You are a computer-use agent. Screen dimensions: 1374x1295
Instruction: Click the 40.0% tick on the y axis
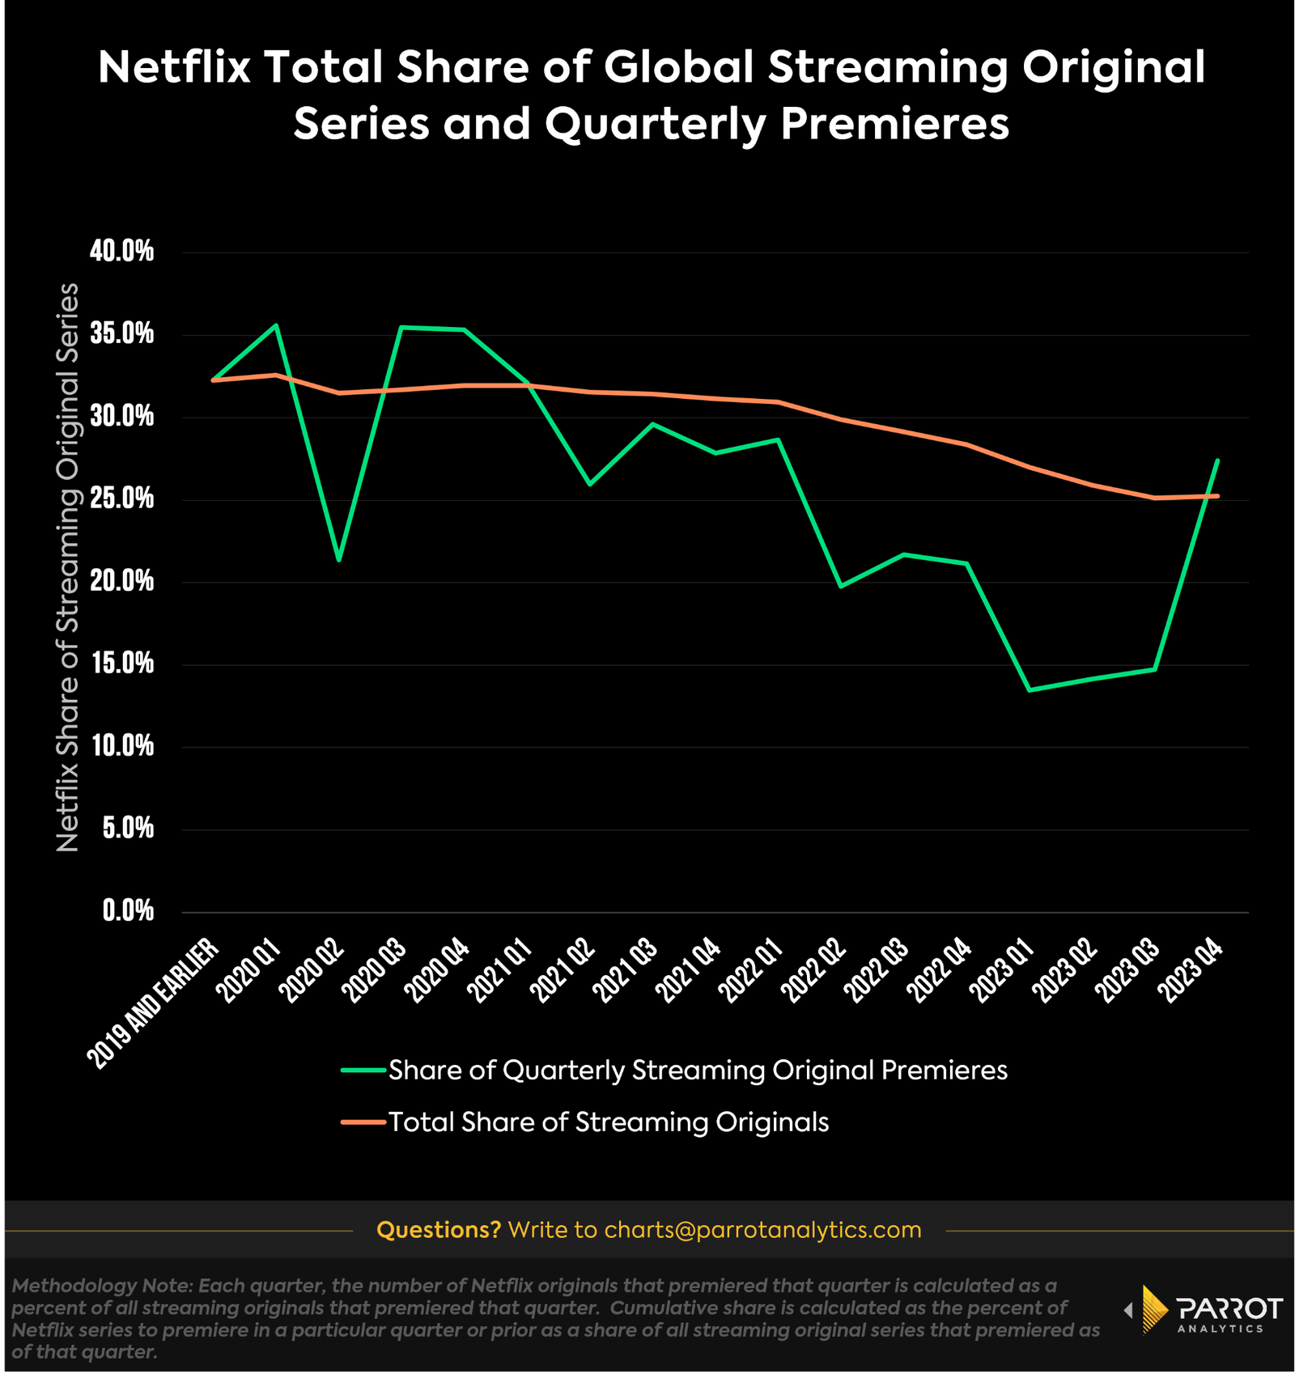click(x=121, y=252)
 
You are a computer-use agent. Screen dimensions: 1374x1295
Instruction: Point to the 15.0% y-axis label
click(x=121, y=664)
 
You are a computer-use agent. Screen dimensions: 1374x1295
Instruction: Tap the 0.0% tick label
click(x=128, y=911)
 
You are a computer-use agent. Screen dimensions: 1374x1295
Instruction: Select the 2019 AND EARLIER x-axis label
click(x=154, y=1003)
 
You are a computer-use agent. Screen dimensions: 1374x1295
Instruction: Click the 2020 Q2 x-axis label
click(x=312, y=971)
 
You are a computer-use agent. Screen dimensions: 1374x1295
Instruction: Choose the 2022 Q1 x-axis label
click(x=752, y=971)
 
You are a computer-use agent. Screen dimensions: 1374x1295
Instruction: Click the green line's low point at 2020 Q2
click(x=338, y=560)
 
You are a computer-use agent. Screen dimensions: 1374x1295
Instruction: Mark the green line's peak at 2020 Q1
click(x=276, y=325)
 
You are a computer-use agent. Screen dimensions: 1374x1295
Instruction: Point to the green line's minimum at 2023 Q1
click(x=1029, y=690)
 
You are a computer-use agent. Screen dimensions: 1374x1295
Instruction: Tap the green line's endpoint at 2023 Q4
click(x=1217, y=460)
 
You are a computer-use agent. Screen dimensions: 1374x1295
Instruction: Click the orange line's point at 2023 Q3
click(x=1154, y=498)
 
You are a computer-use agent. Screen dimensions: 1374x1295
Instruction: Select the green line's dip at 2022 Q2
click(x=841, y=586)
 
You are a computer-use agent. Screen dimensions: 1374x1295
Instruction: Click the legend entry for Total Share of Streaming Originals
click(x=608, y=1122)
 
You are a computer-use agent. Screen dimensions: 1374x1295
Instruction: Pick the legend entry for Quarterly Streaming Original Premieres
click(x=697, y=1071)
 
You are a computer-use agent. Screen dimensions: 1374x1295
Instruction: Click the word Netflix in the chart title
click(x=174, y=66)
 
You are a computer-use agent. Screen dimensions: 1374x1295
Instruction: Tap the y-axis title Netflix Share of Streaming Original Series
click(x=68, y=566)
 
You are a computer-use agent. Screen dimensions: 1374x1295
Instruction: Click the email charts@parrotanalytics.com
click(x=762, y=1230)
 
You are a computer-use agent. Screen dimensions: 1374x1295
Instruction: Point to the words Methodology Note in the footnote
click(x=100, y=1285)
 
